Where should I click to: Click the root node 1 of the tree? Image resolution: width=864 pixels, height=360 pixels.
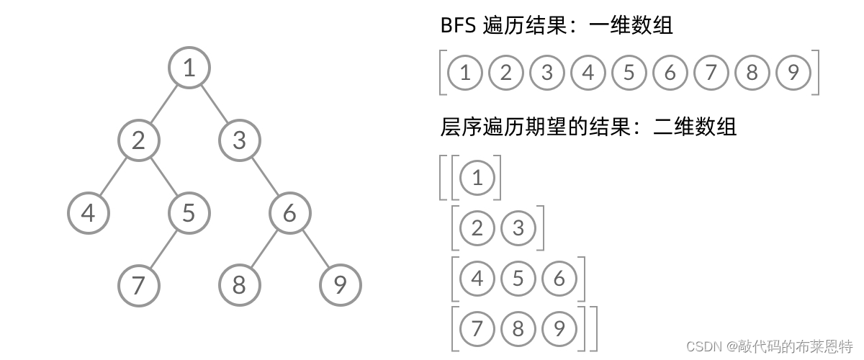[x=189, y=68]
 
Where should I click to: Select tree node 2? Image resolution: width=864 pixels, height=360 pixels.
[x=139, y=140]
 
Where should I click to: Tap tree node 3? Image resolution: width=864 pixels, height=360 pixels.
[x=239, y=140]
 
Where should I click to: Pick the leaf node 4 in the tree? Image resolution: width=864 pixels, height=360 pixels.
[x=88, y=213]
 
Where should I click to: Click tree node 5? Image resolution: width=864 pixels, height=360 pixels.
[x=189, y=213]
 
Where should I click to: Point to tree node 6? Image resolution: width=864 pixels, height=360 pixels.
[x=289, y=213]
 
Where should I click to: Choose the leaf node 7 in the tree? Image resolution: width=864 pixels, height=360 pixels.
[x=138, y=285]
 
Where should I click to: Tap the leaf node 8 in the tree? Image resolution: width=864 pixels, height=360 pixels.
[x=239, y=285]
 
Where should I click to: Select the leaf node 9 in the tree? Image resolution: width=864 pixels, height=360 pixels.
[x=340, y=285]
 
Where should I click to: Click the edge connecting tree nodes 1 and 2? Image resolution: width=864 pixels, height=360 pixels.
[x=164, y=104]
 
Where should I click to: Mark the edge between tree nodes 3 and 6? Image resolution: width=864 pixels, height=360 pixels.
[x=264, y=176]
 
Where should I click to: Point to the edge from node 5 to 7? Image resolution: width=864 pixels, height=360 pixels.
[x=163, y=249]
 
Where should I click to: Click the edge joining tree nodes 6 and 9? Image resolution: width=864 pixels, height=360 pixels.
[x=315, y=249]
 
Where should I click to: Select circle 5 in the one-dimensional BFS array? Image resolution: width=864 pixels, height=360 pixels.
[x=629, y=73]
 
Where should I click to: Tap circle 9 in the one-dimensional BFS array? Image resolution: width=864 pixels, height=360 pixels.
[x=793, y=73]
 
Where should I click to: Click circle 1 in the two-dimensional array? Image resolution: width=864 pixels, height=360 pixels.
[x=477, y=178]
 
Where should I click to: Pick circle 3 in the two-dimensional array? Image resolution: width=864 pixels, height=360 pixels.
[x=518, y=228]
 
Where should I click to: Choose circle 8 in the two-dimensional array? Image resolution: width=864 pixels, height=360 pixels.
[x=518, y=329]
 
